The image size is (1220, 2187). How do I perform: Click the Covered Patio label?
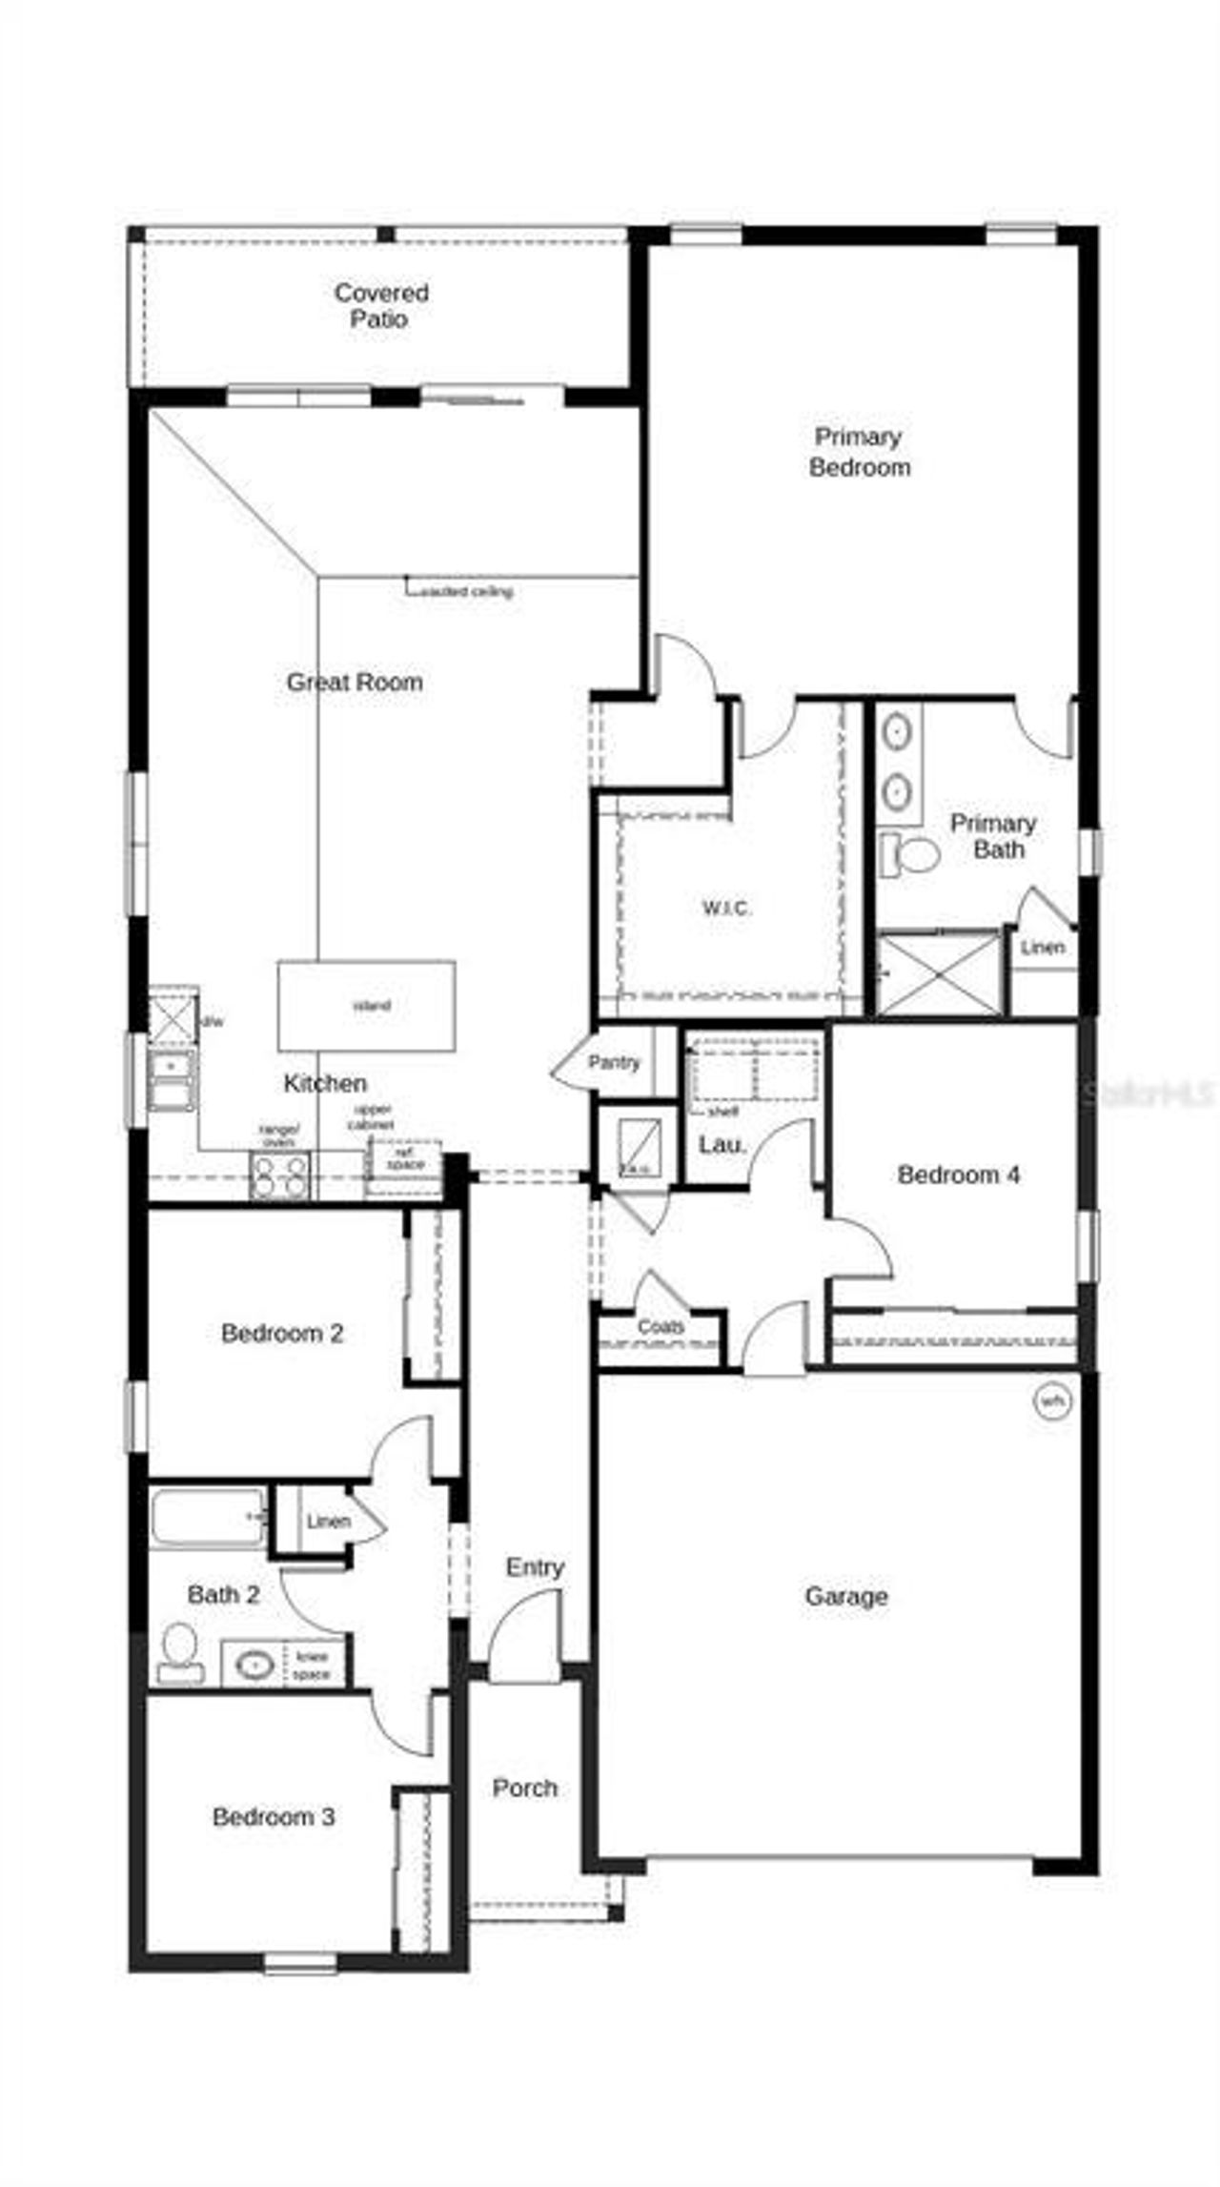tap(381, 305)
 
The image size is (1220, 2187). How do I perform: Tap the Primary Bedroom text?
tap(859, 452)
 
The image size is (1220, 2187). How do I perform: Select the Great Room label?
tap(355, 683)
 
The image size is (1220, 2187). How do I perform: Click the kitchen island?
tap(366, 1005)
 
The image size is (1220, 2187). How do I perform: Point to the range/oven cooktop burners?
tap(279, 1175)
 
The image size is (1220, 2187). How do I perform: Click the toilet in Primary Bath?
tap(910, 853)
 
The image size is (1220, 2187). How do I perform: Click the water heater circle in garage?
tap(1053, 1400)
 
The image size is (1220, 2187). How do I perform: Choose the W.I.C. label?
tap(727, 909)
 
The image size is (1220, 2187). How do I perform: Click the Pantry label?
tap(614, 1062)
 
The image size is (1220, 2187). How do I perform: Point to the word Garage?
tap(846, 1596)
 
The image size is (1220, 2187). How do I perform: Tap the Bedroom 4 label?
tap(958, 1175)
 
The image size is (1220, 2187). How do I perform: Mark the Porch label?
tap(525, 1788)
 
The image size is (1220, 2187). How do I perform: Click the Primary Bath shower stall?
tap(938, 974)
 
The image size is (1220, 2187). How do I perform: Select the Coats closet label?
tap(661, 1326)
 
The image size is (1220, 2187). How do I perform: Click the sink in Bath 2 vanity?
tap(254, 1666)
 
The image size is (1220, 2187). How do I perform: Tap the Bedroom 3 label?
tap(274, 1817)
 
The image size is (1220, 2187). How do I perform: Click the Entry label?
tap(535, 1567)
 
